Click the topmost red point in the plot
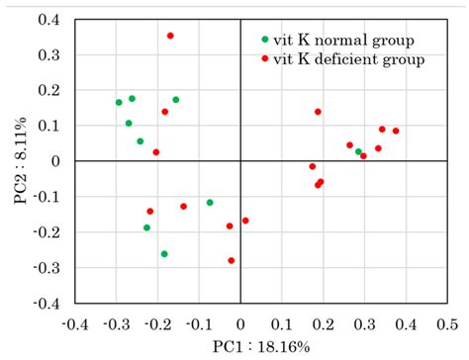(170, 36)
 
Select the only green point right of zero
(359, 151)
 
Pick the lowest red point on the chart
(232, 261)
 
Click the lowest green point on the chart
(164, 254)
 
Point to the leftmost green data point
(119, 102)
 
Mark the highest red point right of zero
(318, 112)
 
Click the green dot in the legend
(264, 40)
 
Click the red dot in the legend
(264, 60)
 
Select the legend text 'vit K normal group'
(342, 40)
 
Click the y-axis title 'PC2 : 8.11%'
(20, 163)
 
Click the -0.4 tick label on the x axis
(73, 323)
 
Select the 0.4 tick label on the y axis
(48, 20)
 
